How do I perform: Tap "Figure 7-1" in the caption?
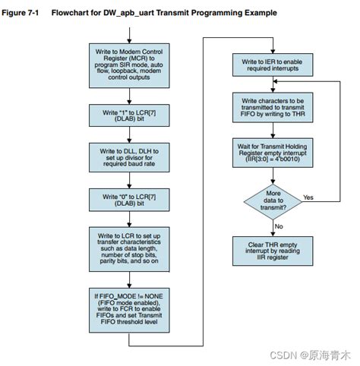24,13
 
